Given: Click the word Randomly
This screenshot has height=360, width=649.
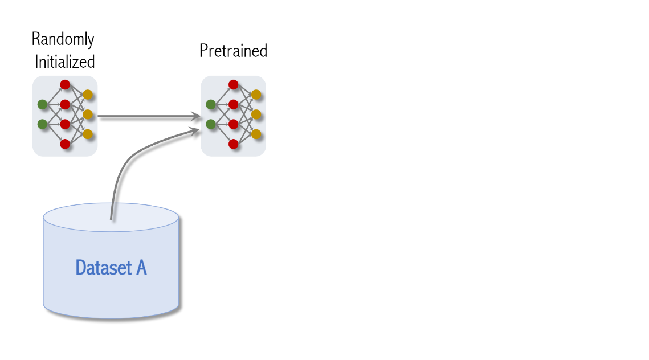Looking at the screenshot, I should coord(63,40).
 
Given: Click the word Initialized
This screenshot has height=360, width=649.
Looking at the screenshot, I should coord(65,61).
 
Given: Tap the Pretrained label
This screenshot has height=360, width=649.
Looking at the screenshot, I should coord(233,51).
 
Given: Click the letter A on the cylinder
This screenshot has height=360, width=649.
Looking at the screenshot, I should coord(141,267).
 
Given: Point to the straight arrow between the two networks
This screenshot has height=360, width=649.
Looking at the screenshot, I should coord(148,117).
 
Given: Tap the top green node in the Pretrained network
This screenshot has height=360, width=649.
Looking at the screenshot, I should coord(211,104).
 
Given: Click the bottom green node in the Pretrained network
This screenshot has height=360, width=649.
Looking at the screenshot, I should coord(211,124).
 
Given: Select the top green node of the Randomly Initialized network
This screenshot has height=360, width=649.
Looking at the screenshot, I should coord(42,104).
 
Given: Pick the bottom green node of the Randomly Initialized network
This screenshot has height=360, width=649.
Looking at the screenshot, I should coord(42,124).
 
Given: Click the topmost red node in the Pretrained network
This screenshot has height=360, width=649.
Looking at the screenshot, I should coord(233,85).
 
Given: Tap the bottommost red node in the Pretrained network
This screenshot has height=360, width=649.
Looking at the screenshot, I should coord(233,144).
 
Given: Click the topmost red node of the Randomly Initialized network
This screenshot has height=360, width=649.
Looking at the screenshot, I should coord(65,85).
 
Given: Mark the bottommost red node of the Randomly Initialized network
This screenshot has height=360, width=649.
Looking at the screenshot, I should coord(65,144).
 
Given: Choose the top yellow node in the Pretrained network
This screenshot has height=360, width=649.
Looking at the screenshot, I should coord(256,95).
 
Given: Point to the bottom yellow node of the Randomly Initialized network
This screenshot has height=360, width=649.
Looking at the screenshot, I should coord(88,134).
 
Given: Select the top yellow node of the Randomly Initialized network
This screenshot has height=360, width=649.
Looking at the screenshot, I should coord(88,95).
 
